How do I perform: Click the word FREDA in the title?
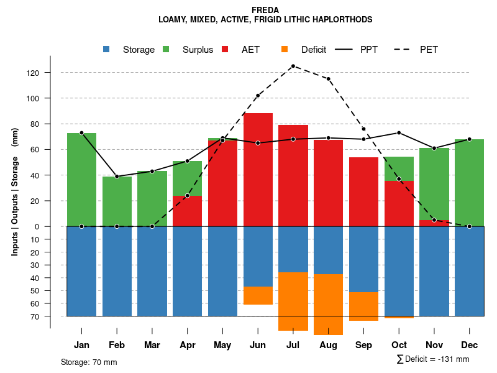coord(265,10)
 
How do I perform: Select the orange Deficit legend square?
coord(285,49)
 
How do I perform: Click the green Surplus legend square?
coord(166,49)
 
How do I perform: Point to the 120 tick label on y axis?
coord(33,73)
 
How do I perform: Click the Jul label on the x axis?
coord(293,345)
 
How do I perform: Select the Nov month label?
coord(434,345)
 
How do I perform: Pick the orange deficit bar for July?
coord(293,302)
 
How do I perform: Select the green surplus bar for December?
coord(469,183)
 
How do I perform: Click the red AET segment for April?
coord(187,211)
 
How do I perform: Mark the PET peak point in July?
coord(293,66)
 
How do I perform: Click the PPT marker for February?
coord(117,176)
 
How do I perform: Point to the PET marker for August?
coord(328,79)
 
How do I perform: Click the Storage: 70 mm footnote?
coord(89,362)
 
